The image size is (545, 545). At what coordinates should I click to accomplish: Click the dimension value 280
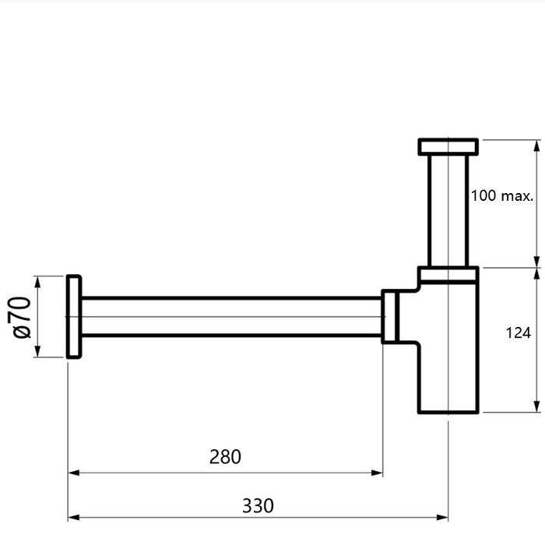(225, 456)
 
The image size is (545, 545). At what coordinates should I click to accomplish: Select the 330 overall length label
(258, 505)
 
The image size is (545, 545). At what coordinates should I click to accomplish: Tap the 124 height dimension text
(518, 332)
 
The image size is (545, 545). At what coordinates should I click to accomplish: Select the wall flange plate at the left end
(73, 317)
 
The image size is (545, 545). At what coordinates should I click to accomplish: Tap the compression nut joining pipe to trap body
(392, 317)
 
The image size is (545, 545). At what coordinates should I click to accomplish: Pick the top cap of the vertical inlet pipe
(448, 146)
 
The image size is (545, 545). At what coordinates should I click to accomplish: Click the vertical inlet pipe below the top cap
(448, 210)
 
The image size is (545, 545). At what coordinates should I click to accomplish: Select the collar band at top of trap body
(448, 274)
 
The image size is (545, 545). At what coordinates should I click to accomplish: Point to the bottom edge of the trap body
(448, 413)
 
